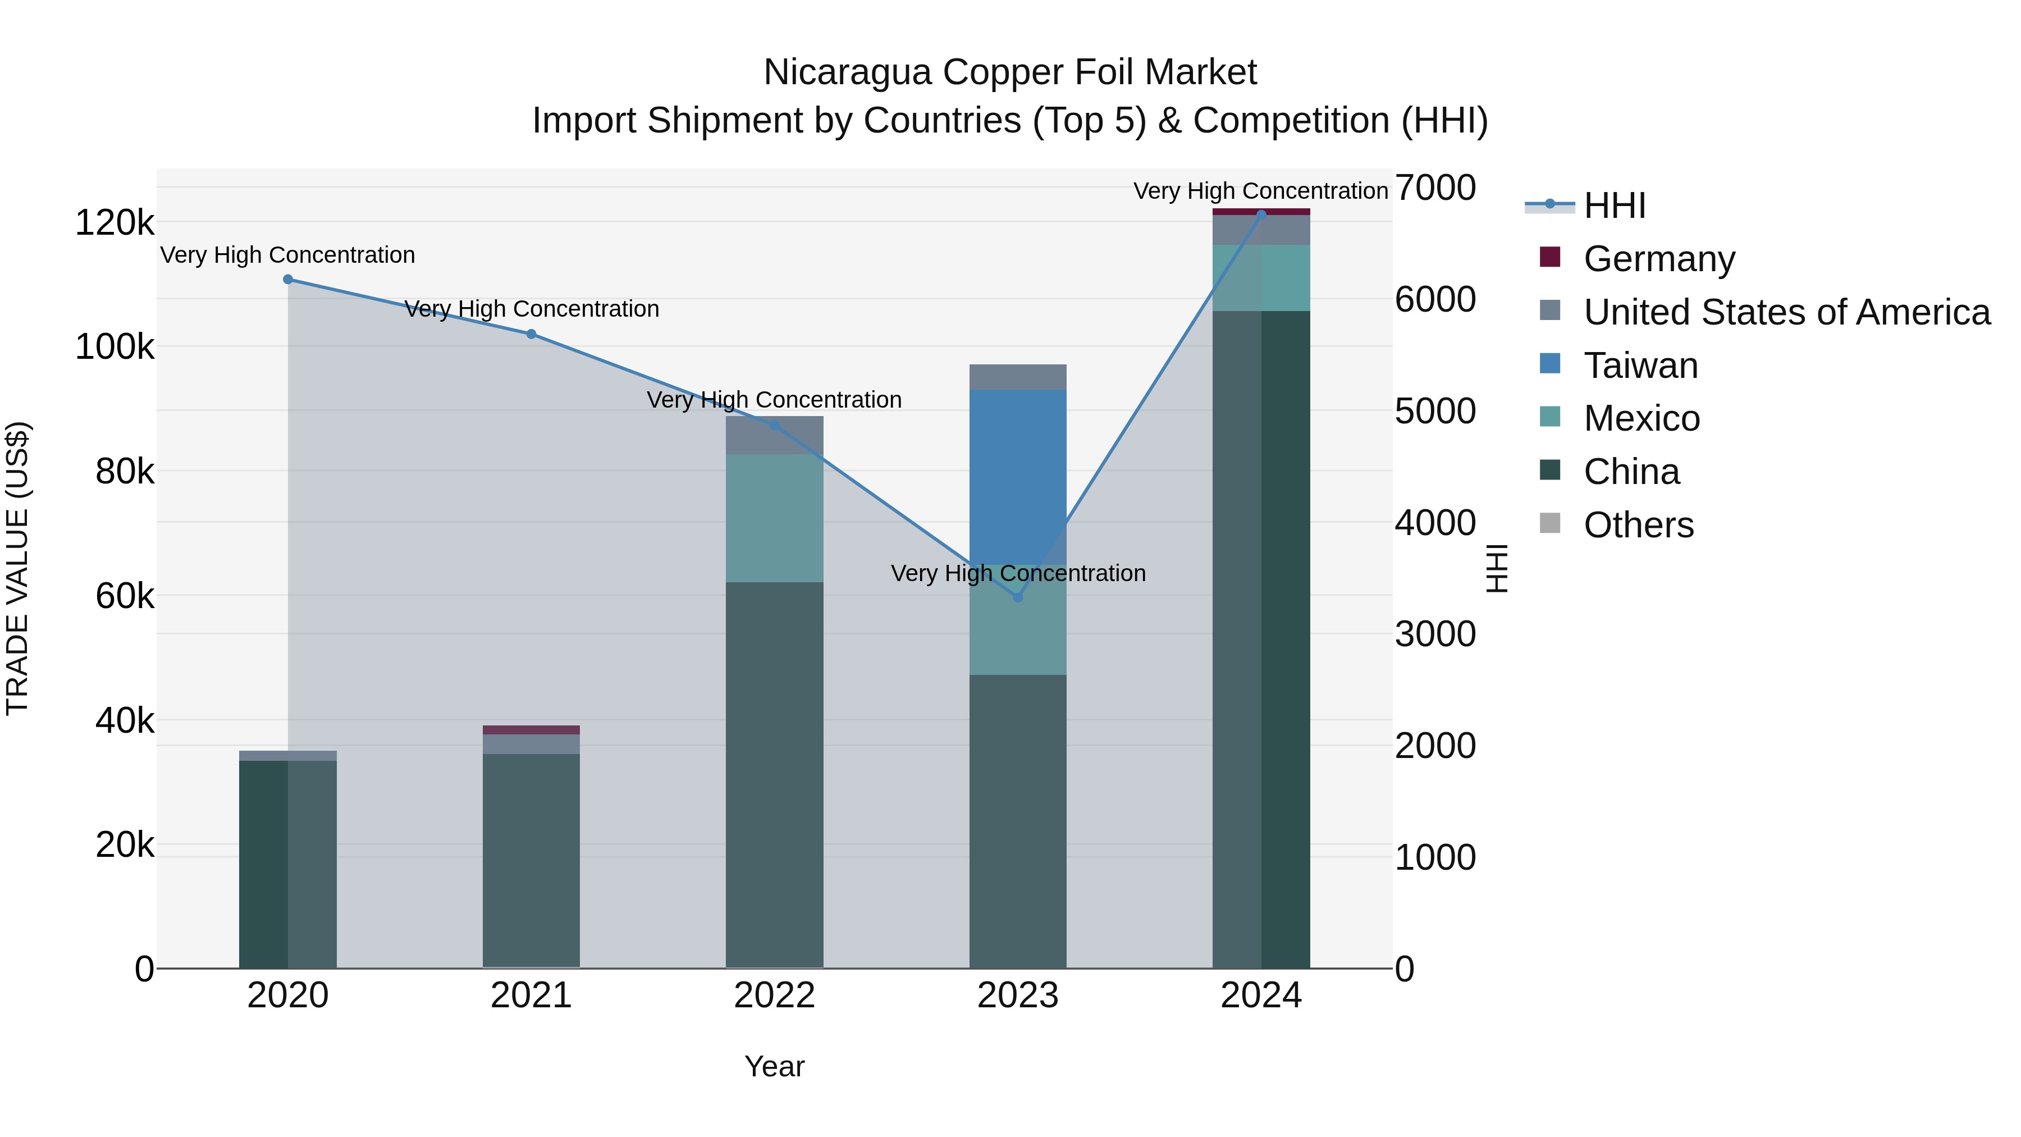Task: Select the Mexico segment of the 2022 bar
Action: coord(774,518)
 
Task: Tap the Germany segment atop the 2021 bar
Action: coord(531,730)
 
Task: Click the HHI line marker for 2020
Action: coord(288,280)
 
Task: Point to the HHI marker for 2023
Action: coord(1018,598)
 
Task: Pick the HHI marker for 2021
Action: coord(531,334)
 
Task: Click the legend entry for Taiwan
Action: coord(1640,366)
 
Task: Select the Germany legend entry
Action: coord(1658,259)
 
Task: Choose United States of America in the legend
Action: coord(1786,312)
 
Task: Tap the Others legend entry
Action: coord(1638,525)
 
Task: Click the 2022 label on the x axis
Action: coord(774,996)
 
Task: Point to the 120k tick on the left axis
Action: coord(115,223)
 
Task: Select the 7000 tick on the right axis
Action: coord(1435,188)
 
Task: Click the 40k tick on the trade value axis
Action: coord(124,720)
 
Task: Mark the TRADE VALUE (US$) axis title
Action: coord(17,568)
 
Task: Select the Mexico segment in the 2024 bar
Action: coord(1261,278)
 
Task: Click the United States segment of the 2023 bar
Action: coord(1018,377)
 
